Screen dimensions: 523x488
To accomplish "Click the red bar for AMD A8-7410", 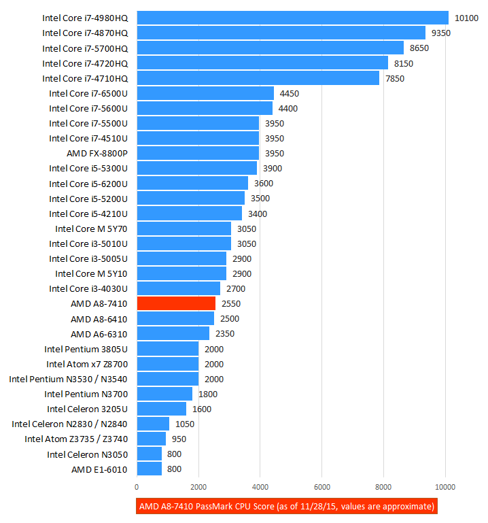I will (x=176, y=303).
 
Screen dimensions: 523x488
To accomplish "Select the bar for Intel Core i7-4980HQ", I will (x=292, y=18).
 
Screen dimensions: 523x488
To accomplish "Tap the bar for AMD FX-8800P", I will (x=198, y=153).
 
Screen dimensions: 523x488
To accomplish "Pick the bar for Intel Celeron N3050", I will (x=149, y=454).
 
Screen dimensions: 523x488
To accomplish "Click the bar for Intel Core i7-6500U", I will (x=205, y=93).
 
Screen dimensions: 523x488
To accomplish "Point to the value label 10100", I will (x=467, y=18).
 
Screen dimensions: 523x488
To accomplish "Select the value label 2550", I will (x=230, y=303).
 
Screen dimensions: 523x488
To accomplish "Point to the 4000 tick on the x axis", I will (x=260, y=486).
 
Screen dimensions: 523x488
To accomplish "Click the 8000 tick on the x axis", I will (x=383, y=486).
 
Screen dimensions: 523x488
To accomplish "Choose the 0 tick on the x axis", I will (x=137, y=486).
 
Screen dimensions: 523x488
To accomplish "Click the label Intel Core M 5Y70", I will (x=91, y=229).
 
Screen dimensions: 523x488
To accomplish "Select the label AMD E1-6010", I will (x=99, y=469).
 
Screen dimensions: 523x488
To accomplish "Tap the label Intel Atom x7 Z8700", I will (x=87, y=364).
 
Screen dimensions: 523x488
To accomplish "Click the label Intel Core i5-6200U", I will (x=88, y=184).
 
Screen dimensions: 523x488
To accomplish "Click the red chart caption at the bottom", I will (x=286, y=507).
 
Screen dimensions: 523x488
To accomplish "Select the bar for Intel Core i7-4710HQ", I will (x=258, y=78).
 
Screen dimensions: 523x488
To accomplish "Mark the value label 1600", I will (x=202, y=409).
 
